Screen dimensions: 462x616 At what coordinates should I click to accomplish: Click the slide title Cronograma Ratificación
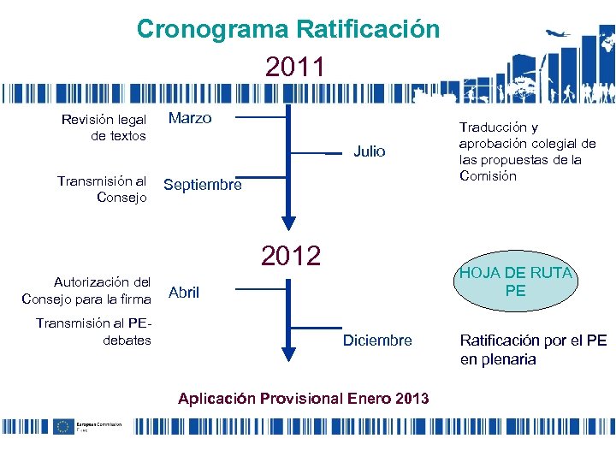(x=288, y=29)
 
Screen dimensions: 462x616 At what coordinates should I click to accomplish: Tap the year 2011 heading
(x=294, y=67)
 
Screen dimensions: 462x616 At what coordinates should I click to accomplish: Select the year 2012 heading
(x=291, y=255)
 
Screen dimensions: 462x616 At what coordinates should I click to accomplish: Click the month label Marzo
(x=190, y=118)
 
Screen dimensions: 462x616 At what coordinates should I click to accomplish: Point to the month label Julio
(x=370, y=151)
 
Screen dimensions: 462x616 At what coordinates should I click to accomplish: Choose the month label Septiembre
(x=203, y=185)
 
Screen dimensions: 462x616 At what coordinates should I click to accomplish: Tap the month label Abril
(x=184, y=293)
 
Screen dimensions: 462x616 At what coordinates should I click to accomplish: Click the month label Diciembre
(x=377, y=341)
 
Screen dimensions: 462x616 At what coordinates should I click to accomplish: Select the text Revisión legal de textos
(x=104, y=127)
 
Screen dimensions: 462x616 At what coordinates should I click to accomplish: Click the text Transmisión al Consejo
(x=103, y=189)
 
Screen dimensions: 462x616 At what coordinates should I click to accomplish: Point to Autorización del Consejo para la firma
(x=86, y=290)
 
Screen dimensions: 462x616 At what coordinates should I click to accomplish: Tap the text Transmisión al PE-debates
(x=94, y=331)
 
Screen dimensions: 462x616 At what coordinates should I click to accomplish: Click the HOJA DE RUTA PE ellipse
(x=515, y=281)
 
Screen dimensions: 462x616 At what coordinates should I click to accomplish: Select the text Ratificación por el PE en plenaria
(x=533, y=349)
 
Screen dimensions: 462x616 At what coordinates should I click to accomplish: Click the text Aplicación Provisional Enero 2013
(x=303, y=398)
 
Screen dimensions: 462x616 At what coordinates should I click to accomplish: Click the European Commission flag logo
(x=62, y=426)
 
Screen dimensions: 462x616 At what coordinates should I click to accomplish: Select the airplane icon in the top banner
(x=558, y=35)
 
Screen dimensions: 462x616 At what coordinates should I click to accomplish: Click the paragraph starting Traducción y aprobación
(x=527, y=151)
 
